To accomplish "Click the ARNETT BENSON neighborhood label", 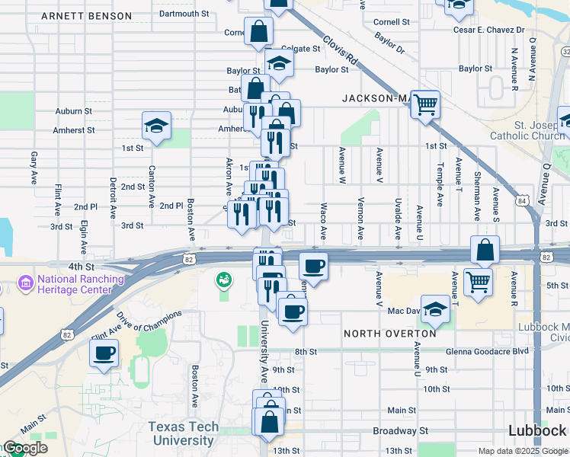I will pyautogui.click(x=86, y=16).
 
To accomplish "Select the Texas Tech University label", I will pyautogui.click(x=183, y=433).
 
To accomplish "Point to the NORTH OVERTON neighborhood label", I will pyautogui.click(x=389, y=334).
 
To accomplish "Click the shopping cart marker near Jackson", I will pyautogui.click(x=426, y=104).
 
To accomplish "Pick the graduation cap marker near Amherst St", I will pyautogui.click(x=156, y=125).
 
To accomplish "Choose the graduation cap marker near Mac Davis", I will pyautogui.click(x=434, y=308).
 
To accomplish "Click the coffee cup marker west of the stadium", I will pyautogui.click(x=104, y=353).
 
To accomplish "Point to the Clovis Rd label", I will pyautogui.click(x=340, y=50).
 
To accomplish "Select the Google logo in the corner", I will pyautogui.click(x=24, y=449).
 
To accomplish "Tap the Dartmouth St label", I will pyautogui.click(x=184, y=14).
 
